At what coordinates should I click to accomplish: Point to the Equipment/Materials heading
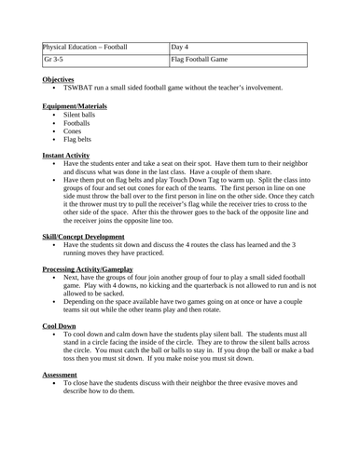click(x=75, y=106)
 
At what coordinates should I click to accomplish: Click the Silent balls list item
click(x=81, y=115)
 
